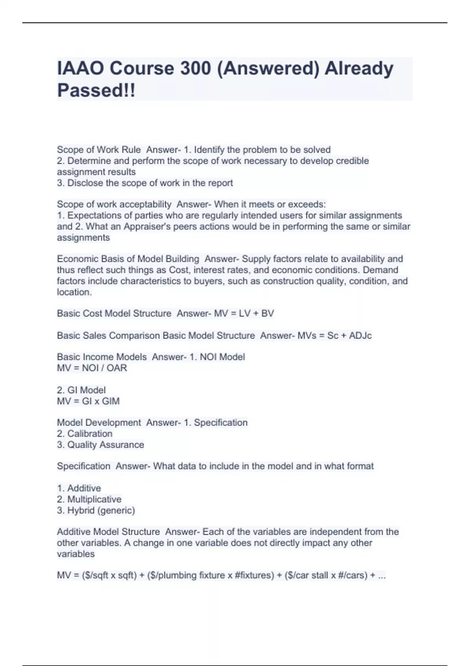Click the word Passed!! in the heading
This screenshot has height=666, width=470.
click(x=96, y=90)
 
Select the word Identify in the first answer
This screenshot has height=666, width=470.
click(x=209, y=150)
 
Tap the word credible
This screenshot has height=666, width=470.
click(x=352, y=161)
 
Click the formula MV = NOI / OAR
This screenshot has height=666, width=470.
click(x=92, y=368)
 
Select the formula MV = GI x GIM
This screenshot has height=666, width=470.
click(x=88, y=401)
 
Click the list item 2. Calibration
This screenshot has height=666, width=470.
click(x=85, y=434)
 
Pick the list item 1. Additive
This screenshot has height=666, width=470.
click(x=79, y=488)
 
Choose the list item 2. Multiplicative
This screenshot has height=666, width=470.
click(x=89, y=499)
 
